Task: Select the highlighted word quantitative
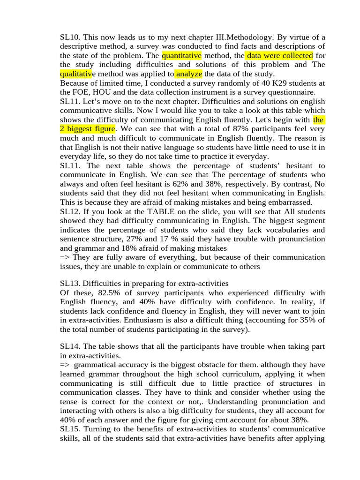pyautogui.click(x=181, y=56)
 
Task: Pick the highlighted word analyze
pyautogui.click(x=188, y=74)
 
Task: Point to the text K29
pyautogui.click(x=243, y=83)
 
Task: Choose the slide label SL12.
pyautogui.click(x=70, y=211)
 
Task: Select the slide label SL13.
pyautogui.click(x=70, y=284)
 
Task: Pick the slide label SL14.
pyautogui.click(x=70, y=346)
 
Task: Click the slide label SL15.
pyautogui.click(x=70, y=429)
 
